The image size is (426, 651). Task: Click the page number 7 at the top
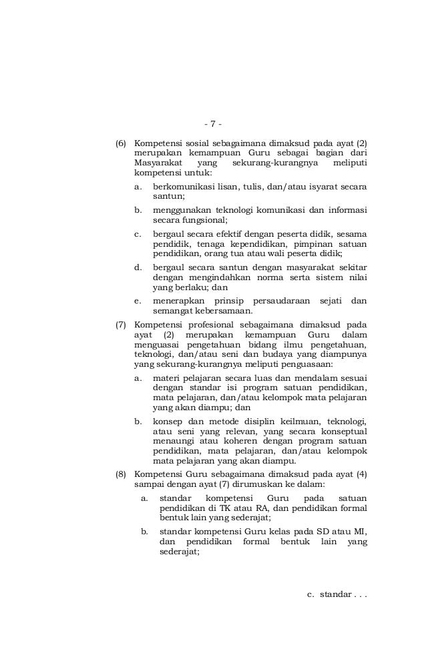pos(212,124)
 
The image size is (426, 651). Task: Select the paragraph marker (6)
pos(121,143)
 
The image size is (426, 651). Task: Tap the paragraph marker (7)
pos(121,325)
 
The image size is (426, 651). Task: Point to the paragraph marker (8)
pos(121,474)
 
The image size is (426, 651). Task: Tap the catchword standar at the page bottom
pos(335,594)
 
